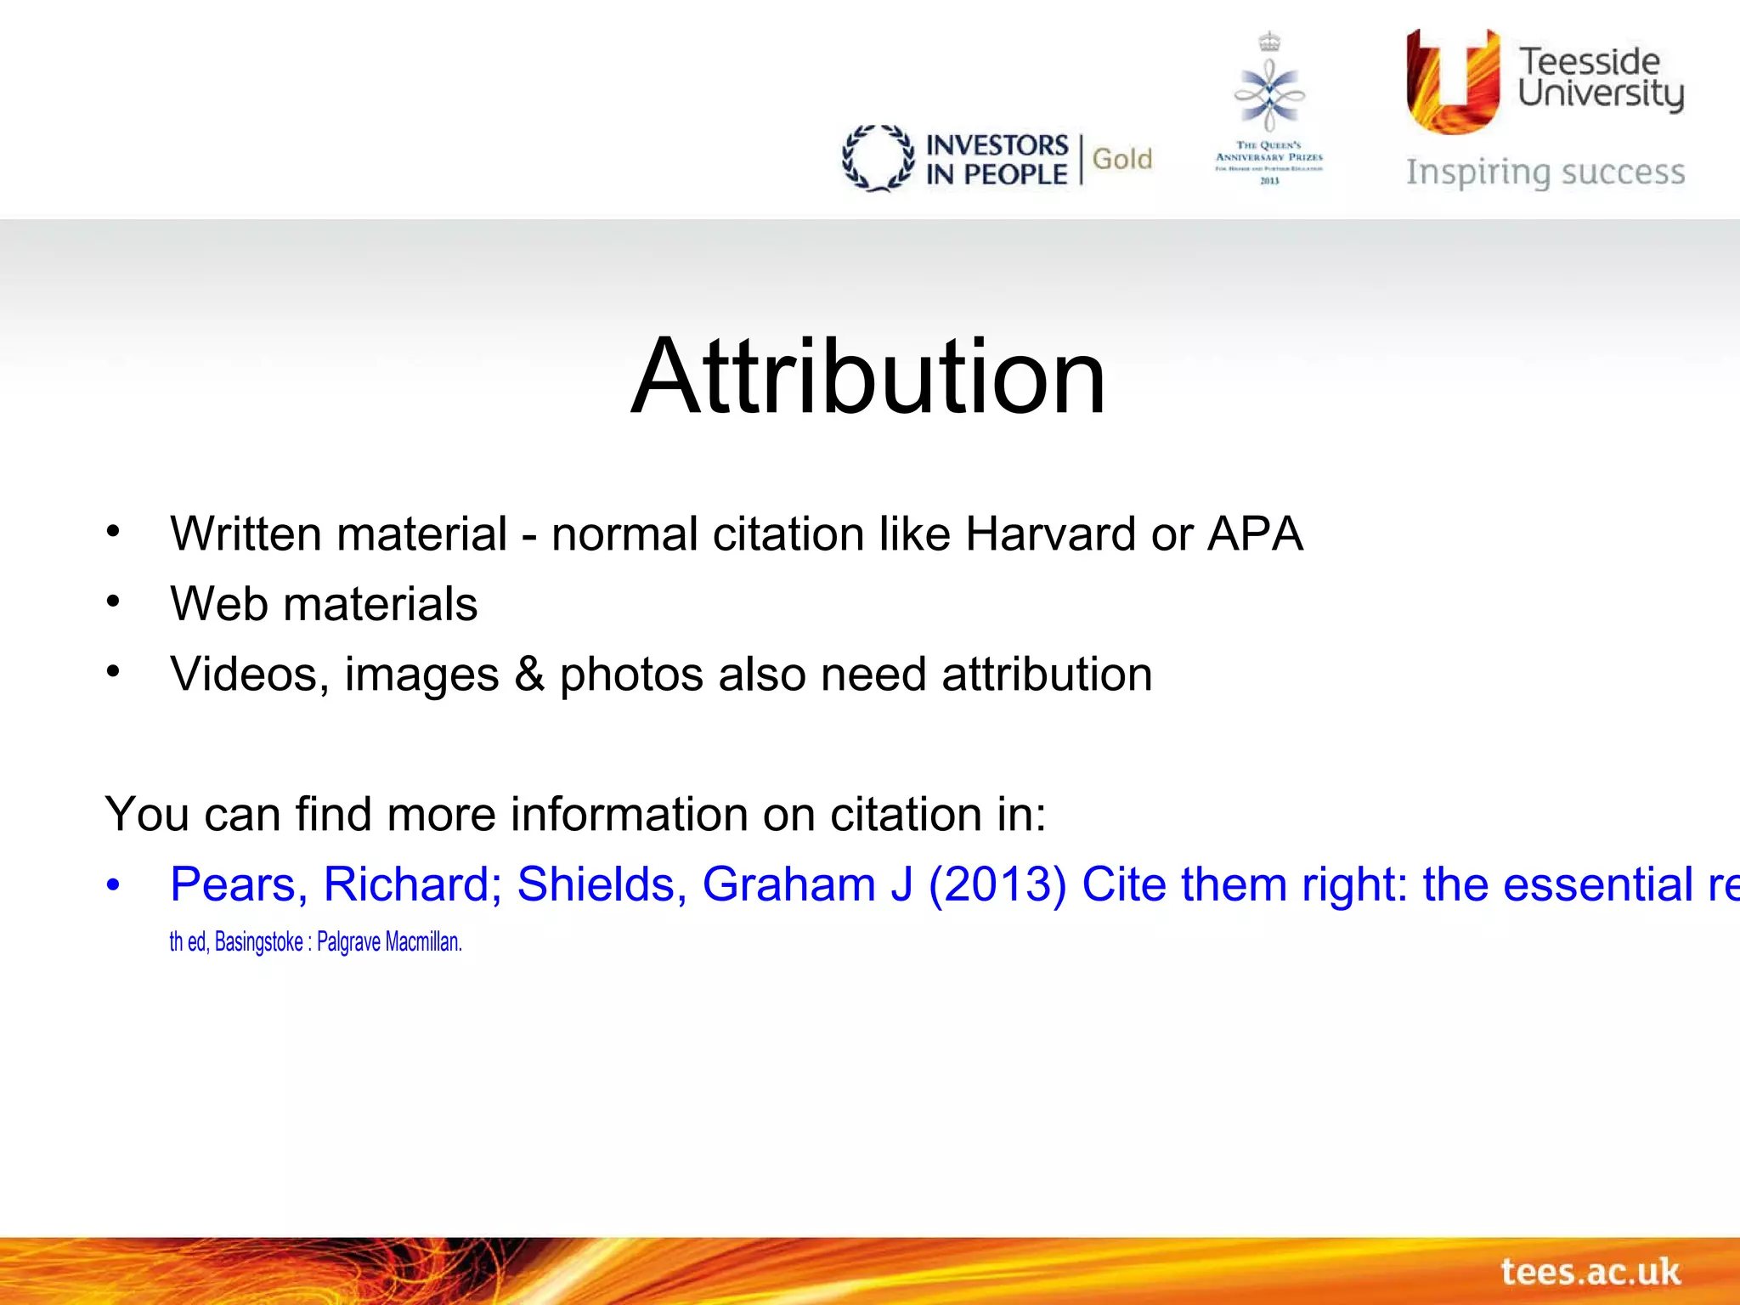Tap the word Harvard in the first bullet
pyautogui.click(x=1050, y=534)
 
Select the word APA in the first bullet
pyautogui.click(x=1255, y=534)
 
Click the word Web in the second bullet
pyautogui.click(x=218, y=604)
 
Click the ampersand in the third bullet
pyautogui.click(x=528, y=675)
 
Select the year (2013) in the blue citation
pyautogui.click(x=997, y=884)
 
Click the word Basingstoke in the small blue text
pyautogui.click(x=258, y=942)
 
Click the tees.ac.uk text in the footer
pyautogui.click(x=1590, y=1272)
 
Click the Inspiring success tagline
pyautogui.click(x=1545, y=172)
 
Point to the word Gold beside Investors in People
pyautogui.click(x=1121, y=159)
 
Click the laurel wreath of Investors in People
pyautogui.click(x=878, y=158)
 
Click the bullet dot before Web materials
pyautogui.click(x=114, y=602)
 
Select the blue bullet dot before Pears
pyautogui.click(x=114, y=885)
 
